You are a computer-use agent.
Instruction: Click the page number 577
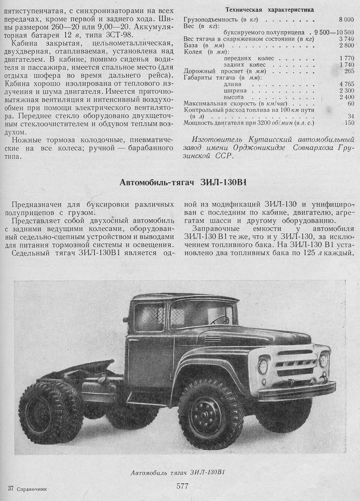point(183,486)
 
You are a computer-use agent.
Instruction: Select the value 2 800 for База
point(347,45)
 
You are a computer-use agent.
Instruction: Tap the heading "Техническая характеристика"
point(270,10)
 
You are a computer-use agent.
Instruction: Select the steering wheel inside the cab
point(219,320)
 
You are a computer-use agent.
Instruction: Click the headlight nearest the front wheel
point(263,365)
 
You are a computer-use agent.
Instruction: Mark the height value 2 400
point(347,96)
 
